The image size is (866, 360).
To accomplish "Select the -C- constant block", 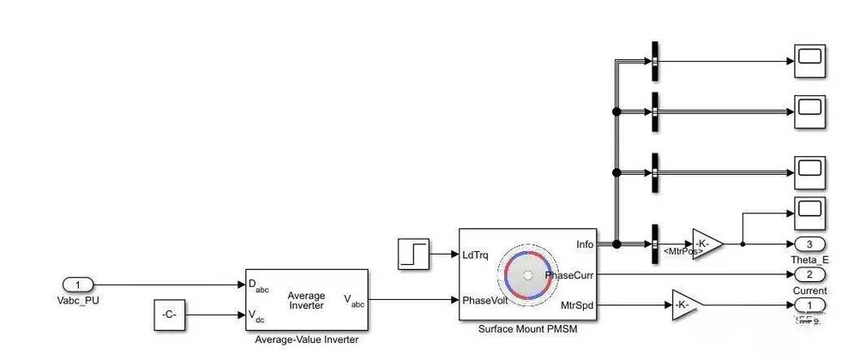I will coord(169,315).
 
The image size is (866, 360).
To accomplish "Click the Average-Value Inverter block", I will coord(306,300).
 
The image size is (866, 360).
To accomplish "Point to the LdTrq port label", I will coord(477,255).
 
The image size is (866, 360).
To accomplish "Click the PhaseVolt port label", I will coord(485,300).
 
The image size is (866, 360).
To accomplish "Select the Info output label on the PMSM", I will coord(586,244).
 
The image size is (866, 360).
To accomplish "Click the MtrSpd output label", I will coord(578,304).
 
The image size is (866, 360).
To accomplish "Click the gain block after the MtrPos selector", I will coord(706,244).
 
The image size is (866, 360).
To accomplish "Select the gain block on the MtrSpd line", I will coord(683,304).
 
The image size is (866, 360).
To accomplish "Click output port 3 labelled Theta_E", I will coord(809,244).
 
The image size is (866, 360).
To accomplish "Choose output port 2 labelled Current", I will coord(809,275).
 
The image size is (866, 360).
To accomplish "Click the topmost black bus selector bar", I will coord(654,62).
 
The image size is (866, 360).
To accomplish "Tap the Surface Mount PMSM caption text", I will coord(527,329).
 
